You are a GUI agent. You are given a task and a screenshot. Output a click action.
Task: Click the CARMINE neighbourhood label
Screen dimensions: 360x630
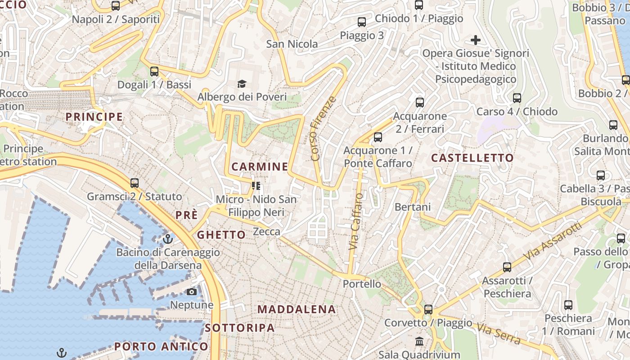pyautogui.click(x=260, y=167)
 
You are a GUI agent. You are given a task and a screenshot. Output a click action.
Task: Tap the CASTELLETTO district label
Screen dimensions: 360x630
pyautogui.click(x=472, y=158)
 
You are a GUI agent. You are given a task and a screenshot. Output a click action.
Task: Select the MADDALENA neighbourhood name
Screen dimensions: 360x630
pyautogui.click(x=297, y=310)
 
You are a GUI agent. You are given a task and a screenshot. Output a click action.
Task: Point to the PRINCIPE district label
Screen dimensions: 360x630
pyautogui.click(x=94, y=117)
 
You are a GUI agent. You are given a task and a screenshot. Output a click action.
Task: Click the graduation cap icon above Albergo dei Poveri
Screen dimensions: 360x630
pyautogui.click(x=242, y=84)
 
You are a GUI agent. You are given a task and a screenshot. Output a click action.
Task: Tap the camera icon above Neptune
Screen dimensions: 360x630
pyautogui.click(x=192, y=292)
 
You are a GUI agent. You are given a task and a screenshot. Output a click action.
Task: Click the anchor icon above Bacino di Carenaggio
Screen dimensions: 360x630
pyautogui.click(x=168, y=238)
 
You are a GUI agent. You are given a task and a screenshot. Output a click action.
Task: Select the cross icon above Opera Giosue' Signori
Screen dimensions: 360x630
pyautogui.click(x=476, y=40)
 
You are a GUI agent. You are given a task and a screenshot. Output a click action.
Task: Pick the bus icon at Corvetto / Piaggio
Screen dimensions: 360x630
pyautogui.click(x=428, y=310)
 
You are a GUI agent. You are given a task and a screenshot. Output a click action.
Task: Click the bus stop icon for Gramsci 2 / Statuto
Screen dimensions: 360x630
pyautogui.click(x=135, y=183)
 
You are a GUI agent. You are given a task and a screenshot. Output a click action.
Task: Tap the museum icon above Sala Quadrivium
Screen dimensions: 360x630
pyautogui.click(x=419, y=341)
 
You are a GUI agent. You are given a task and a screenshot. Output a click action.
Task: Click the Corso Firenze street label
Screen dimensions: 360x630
pyautogui.click(x=323, y=129)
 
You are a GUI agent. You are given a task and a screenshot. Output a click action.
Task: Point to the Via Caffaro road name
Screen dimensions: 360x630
pyautogui.click(x=355, y=222)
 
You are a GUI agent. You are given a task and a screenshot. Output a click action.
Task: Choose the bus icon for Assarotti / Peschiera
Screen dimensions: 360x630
pyautogui.click(x=507, y=267)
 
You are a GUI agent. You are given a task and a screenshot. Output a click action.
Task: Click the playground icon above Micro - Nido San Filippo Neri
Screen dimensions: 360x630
pyautogui.click(x=256, y=185)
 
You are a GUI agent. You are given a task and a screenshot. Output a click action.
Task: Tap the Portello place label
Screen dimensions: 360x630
pyautogui.click(x=362, y=284)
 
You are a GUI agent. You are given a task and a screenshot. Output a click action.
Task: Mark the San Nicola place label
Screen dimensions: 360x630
pyautogui.click(x=292, y=44)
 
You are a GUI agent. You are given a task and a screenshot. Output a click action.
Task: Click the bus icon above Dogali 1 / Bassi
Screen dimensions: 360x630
pyautogui.click(x=154, y=71)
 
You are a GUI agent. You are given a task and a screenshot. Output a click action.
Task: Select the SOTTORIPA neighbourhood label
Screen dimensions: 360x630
pyautogui.click(x=240, y=328)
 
